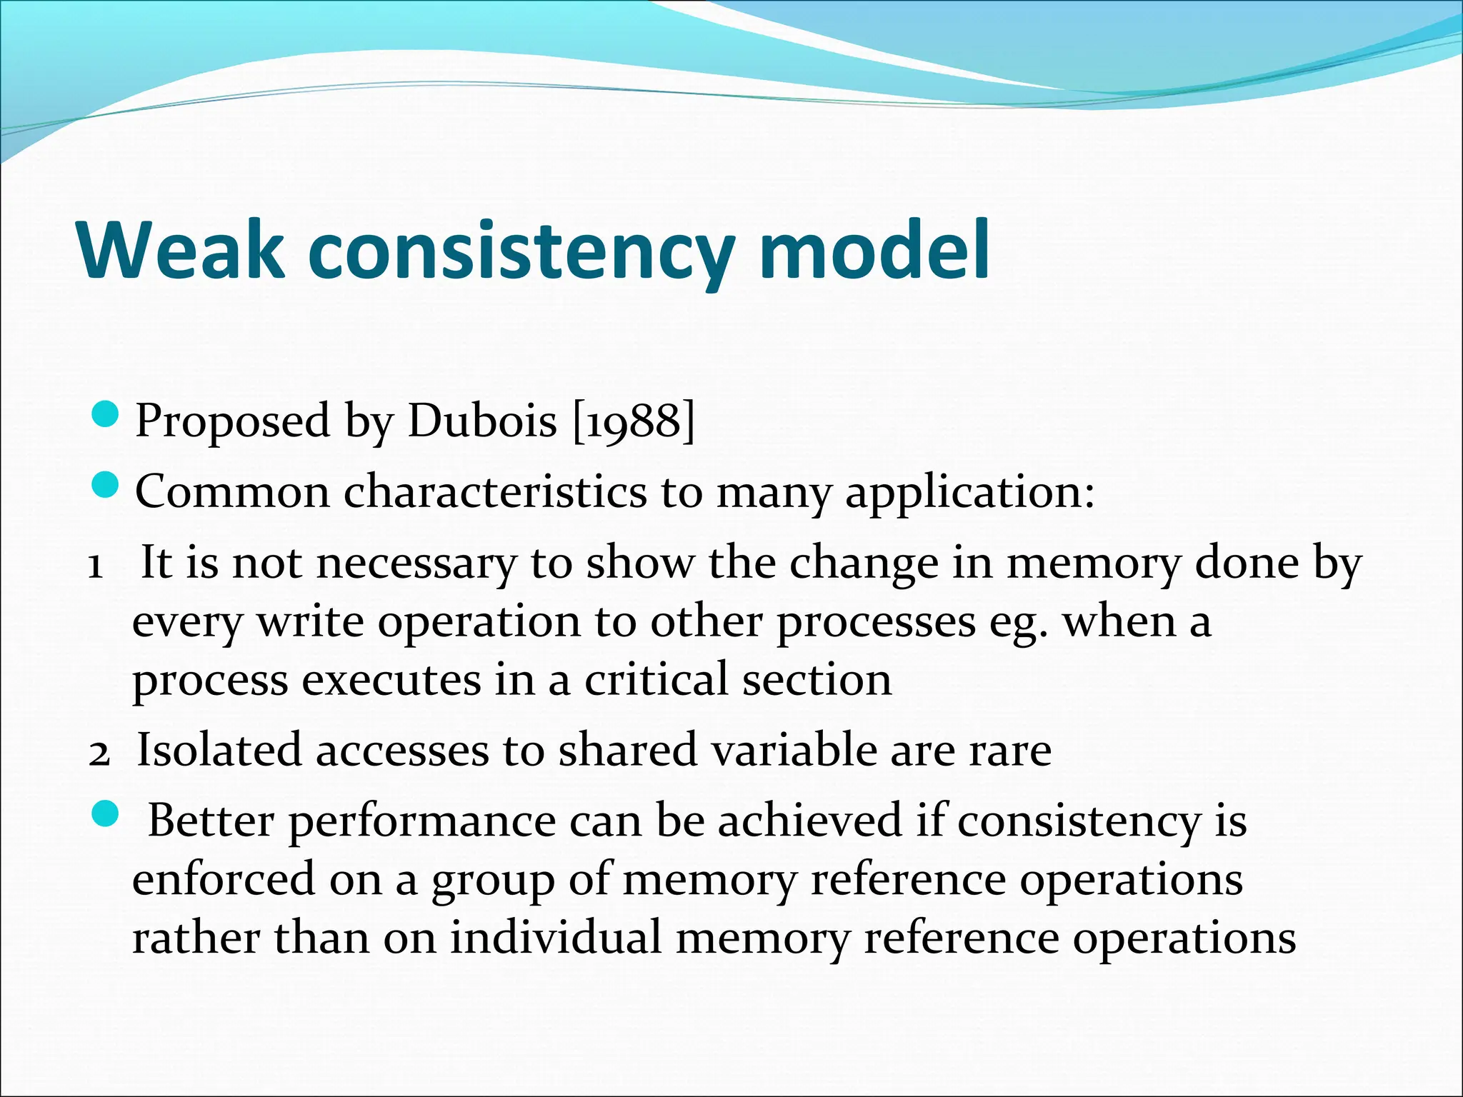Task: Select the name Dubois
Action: (x=481, y=421)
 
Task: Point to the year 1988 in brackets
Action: (x=634, y=421)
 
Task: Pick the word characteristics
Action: (x=494, y=492)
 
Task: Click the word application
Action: (x=969, y=494)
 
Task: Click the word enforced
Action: (x=224, y=878)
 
